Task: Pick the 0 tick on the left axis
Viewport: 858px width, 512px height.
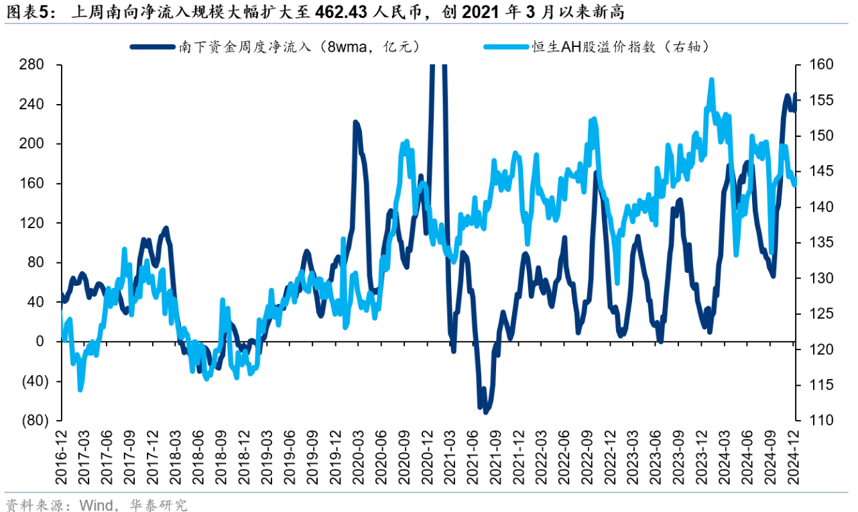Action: point(40,342)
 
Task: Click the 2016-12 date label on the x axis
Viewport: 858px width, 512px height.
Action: point(61,460)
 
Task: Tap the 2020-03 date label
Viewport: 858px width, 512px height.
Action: point(357,460)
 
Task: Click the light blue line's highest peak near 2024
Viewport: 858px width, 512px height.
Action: point(711,80)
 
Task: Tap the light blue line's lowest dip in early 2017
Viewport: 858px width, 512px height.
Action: point(80,389)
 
